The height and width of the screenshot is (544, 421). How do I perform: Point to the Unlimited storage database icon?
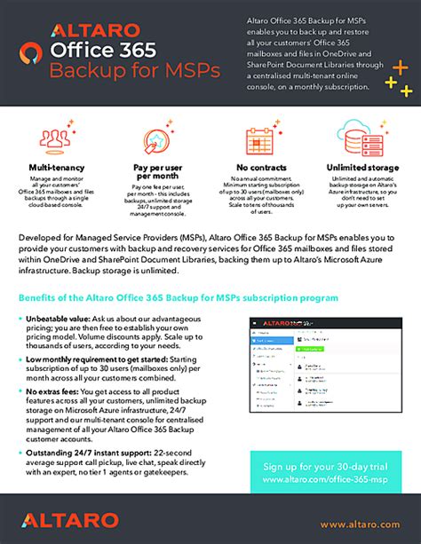coord(364,140)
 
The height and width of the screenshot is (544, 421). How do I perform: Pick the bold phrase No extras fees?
coord(55,390)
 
